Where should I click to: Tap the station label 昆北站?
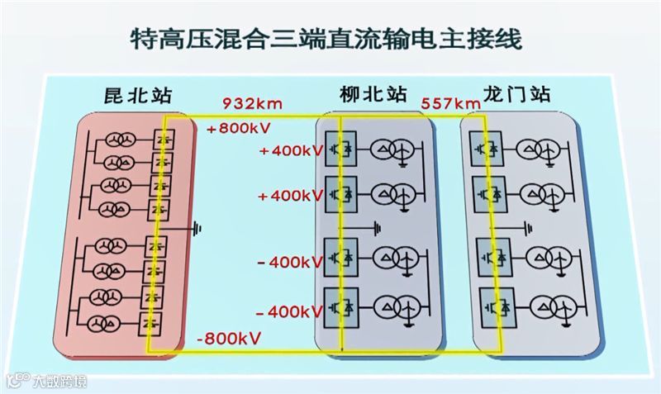point(138,94)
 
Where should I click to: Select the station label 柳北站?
point(373,94)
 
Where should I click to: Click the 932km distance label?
point(254,104)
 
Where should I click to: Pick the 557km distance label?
point(451,104)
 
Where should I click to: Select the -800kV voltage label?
point(229,339)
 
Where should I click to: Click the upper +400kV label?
point(290,152)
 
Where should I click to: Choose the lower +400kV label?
point(290,196)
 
